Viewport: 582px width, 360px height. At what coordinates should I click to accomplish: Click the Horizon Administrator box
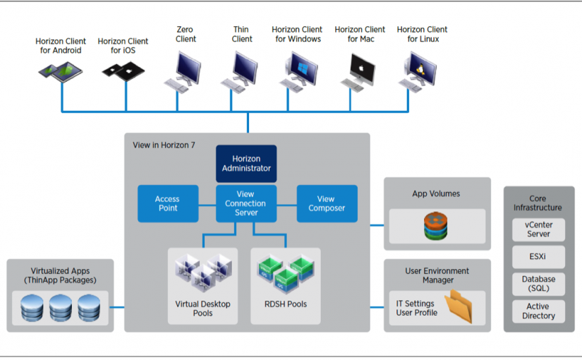point(245,163)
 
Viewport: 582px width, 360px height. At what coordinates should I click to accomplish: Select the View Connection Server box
point(245,203)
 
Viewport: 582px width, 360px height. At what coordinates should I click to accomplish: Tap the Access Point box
point(167,203)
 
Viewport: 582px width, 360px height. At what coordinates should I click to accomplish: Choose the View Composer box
point(326,203)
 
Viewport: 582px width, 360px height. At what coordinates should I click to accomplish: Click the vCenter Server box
point(538,229)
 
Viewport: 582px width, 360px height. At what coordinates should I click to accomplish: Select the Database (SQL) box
point(538,284)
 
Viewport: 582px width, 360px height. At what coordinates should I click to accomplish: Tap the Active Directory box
point(538,311)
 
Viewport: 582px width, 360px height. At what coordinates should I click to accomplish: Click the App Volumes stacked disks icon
point(436,226)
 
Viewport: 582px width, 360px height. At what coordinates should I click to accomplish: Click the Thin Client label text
point(242,34)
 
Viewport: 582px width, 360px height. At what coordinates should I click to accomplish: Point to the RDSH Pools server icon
point(285,273)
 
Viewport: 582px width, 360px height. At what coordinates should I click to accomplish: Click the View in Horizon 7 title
point(164,145)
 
